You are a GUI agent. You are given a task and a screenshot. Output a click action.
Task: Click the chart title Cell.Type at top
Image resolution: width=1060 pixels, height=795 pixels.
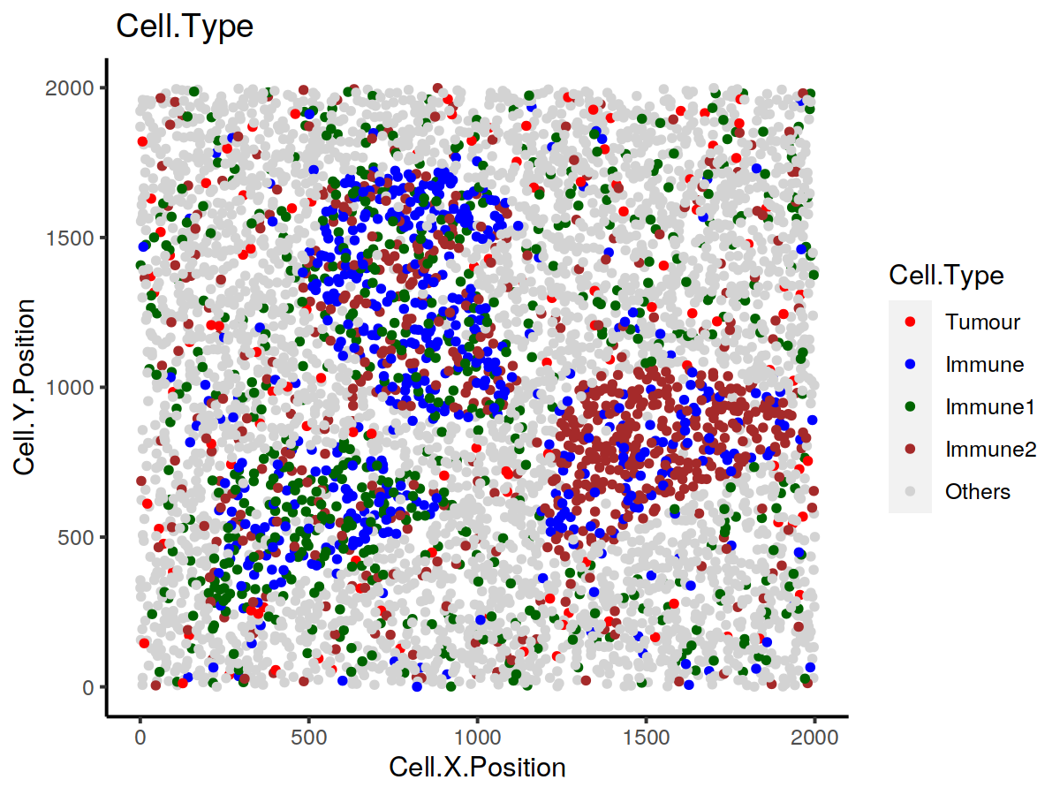point(185,27)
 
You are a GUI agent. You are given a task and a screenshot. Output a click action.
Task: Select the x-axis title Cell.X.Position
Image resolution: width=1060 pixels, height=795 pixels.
point(477,768)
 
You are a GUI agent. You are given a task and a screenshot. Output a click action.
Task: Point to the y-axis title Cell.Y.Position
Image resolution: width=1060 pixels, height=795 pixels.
point(26,387)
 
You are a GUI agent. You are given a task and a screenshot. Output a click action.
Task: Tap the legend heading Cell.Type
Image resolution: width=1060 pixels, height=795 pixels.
point(946,276)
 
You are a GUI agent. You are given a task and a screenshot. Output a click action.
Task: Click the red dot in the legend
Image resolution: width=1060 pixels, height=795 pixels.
point(910,322)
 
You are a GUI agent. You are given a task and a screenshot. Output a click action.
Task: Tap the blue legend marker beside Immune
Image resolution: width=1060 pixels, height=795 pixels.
point(910,364)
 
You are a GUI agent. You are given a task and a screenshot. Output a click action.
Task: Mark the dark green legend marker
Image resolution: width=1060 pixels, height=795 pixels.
point(910,406)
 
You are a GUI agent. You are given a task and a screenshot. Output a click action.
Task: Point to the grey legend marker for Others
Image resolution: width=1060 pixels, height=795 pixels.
point(910,492)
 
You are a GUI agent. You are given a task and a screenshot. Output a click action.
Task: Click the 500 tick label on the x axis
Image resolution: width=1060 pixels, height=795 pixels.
point(308,735)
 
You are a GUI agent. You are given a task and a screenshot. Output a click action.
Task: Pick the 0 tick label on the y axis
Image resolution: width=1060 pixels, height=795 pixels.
point(88,687)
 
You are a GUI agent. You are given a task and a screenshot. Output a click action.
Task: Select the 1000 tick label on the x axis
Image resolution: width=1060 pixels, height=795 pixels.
point(477,735)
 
